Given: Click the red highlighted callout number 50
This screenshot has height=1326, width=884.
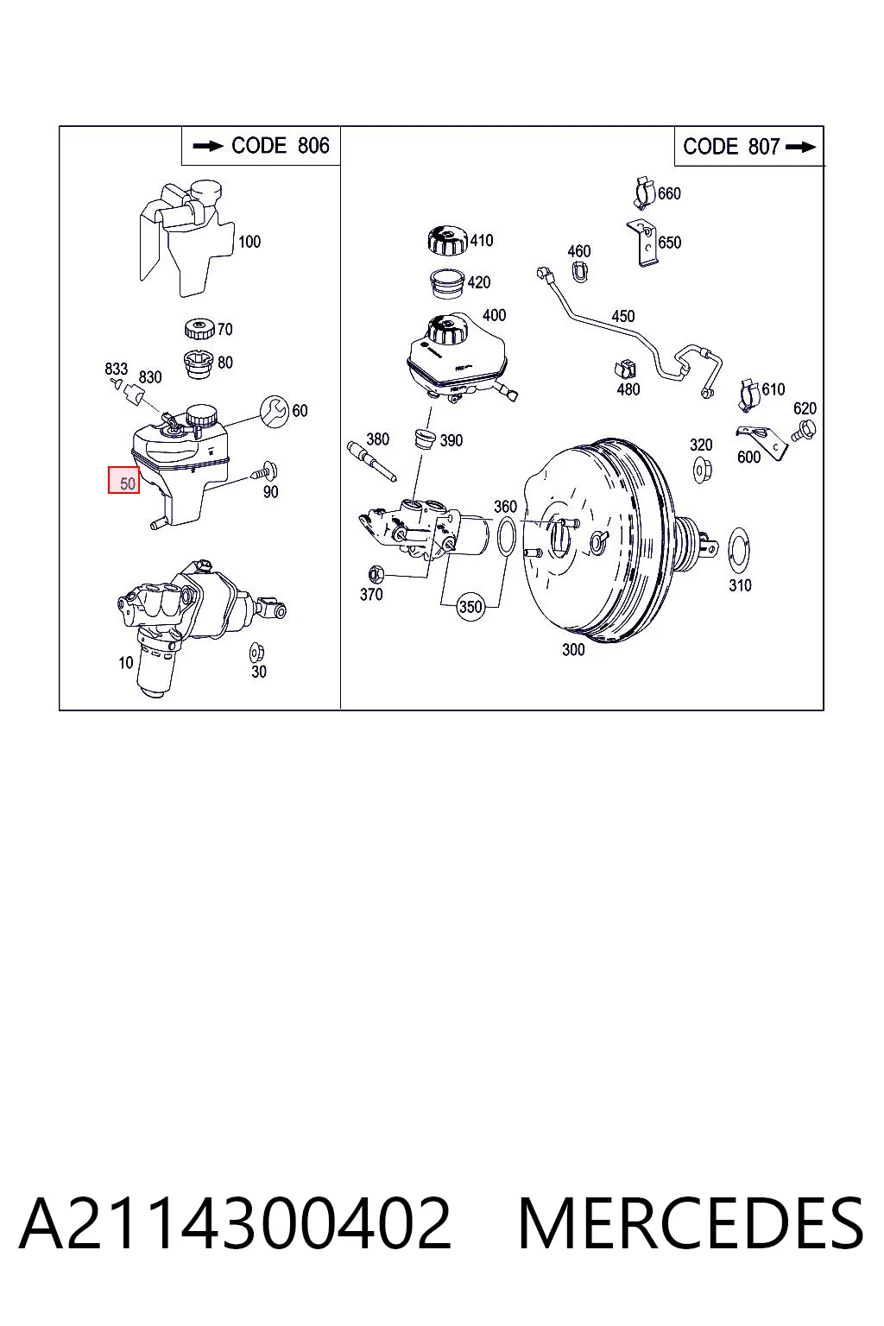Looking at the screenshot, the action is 123,480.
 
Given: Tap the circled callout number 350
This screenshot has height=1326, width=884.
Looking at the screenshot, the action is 470,607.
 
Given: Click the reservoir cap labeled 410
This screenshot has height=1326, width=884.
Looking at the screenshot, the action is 447,240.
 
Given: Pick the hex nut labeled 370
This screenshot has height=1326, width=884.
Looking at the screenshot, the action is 374,573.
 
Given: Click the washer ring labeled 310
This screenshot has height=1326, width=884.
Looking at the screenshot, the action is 738,551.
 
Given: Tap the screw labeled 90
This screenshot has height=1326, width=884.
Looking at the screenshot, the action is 264,471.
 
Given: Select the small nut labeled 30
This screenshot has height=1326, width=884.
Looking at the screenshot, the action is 256,653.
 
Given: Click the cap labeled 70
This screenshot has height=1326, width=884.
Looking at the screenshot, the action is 199,329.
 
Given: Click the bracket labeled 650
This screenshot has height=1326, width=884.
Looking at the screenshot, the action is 642,243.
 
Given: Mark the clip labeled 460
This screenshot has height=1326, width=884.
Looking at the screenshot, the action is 579,271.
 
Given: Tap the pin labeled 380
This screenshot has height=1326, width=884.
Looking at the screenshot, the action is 370,461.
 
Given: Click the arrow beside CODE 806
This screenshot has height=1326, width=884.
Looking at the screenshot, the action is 207,146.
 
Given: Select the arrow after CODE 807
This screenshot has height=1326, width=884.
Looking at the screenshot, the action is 800,147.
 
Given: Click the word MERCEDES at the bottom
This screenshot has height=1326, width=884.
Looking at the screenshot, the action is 691,1223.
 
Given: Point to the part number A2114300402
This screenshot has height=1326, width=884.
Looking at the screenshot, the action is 235,1223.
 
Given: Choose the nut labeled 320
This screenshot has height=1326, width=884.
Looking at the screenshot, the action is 702,470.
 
